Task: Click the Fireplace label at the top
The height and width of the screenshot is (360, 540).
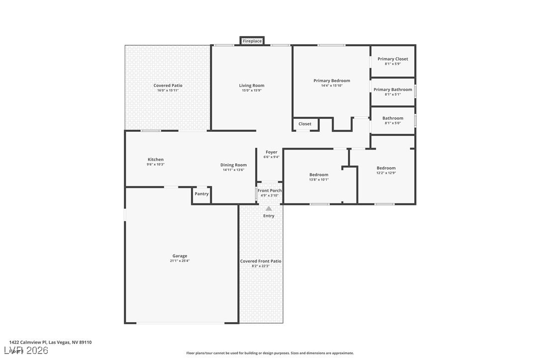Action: click(x=252, y=41)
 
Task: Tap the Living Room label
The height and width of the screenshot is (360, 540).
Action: click(x=252, y=86)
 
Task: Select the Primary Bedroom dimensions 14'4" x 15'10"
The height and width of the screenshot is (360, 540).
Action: click(x=332, y=86)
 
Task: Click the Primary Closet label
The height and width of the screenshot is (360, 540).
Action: click(x=393, y=59)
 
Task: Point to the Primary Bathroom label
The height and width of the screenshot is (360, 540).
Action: click(x=393, y=90)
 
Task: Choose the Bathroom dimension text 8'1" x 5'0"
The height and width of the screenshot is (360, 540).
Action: click(x=393, y=123)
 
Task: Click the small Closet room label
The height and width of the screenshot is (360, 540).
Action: click(x=305, y=124)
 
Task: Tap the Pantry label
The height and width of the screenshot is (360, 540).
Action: click(x=201, y=194)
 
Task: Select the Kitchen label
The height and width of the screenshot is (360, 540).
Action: click(x=156, y=160)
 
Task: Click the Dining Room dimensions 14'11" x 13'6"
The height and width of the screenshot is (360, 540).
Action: click(x=234, y=170)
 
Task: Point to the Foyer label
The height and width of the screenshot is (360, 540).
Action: click(x=271, y=152)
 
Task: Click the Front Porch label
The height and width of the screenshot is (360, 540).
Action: click(x=270, y=190)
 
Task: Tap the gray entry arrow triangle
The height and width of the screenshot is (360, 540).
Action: click(x=269, y=208)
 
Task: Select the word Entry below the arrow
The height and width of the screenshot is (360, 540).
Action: click(x=269, y=216)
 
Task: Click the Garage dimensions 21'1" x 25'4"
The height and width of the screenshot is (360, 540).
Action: click(x=180, y=261)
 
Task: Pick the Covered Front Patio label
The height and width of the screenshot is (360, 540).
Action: click(x=261, y=261)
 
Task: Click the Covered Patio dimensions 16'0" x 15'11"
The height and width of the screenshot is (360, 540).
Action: click(x=168, y=90)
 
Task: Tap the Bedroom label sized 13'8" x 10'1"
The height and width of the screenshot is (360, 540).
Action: click(x=319, y=175)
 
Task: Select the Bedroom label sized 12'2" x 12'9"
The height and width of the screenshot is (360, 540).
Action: click(x=386, y=168)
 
